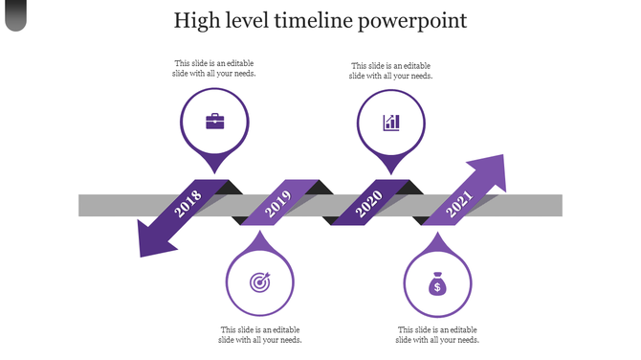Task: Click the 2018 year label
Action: (x=189, y=202)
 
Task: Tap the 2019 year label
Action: (x=277, y=202)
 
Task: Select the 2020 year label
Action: (x=368, y=202)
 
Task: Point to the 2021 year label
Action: (x=459, y=202)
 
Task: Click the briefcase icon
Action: (x=215, y=122)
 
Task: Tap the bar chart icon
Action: (x=391, y=122)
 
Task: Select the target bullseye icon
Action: (x=260, y=282)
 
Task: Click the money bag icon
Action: (x=436, y=283)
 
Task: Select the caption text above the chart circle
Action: (x=391, y=71)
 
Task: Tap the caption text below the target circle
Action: (x=260, y=334)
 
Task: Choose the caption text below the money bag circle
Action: (x=437, y=334)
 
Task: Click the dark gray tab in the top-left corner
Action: (x=15, y=13)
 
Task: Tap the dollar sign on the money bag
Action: (x=436, y=286)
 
